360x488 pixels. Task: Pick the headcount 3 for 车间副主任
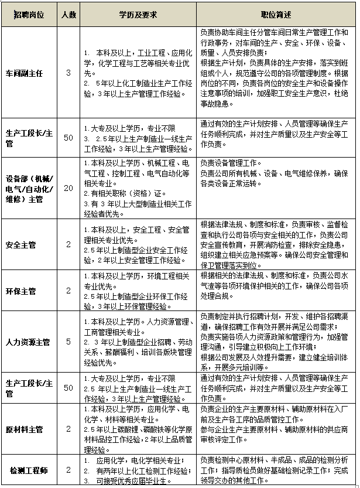68,73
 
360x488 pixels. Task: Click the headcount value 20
68,188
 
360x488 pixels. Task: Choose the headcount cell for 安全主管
68,244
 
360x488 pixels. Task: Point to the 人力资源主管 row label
28,342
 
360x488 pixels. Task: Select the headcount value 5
68,342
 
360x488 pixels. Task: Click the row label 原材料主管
24,429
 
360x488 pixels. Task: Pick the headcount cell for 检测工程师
68,470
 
